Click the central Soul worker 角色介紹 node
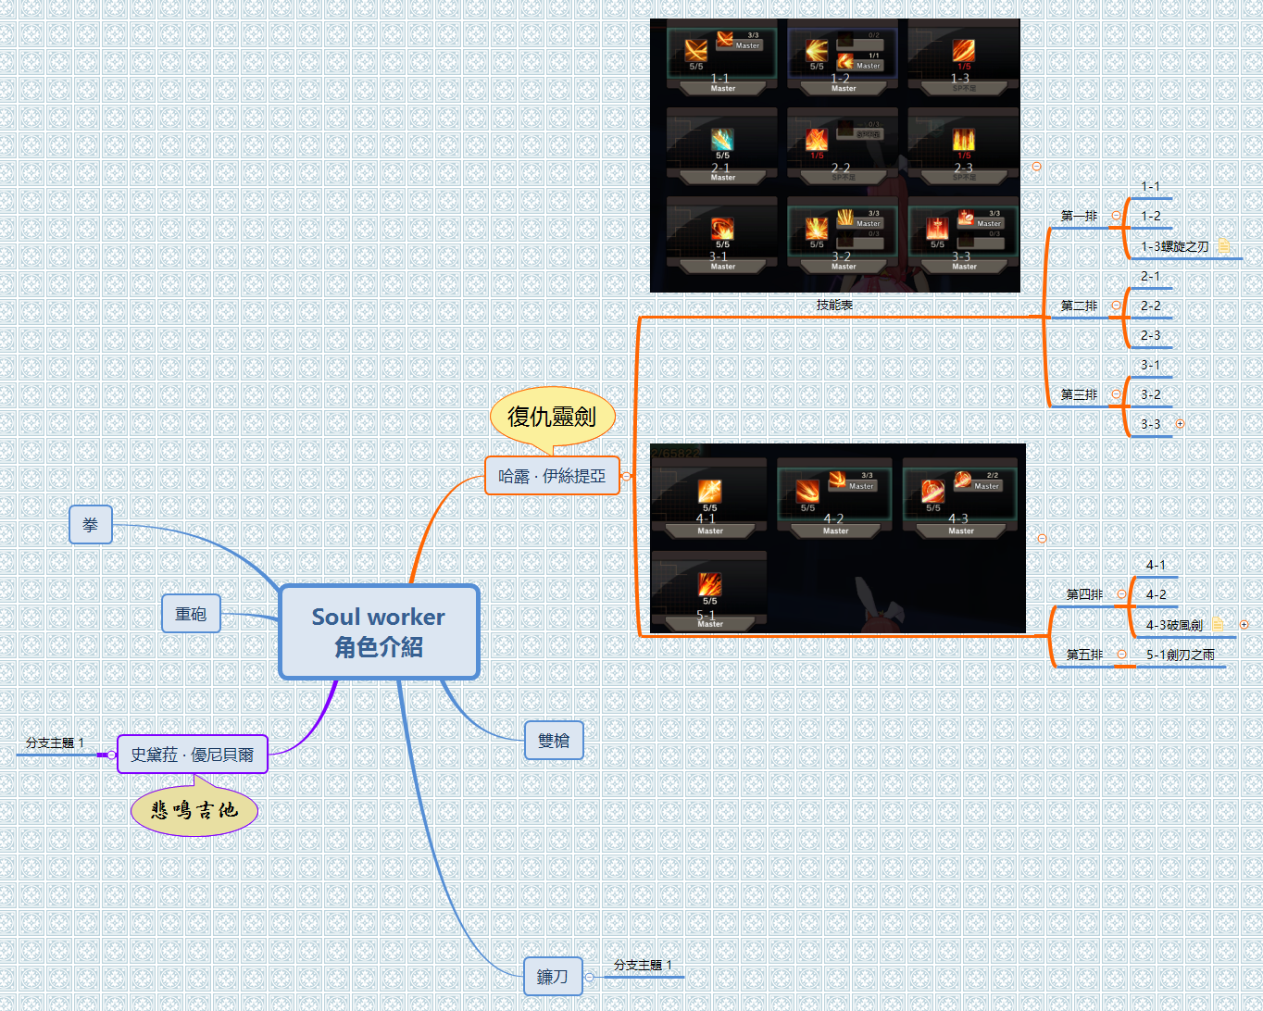[x=379, y=632]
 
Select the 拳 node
[x=91, y=525]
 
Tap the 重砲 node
[x=191, y=614]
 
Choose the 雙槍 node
[x=554, y=741]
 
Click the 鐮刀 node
[x=553, y=977]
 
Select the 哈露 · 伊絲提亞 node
[x=552, y=476]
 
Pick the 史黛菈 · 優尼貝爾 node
[x=193, y=755]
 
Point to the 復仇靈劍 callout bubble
[x=552, y=417]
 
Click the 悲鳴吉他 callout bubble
[x=194, y=810]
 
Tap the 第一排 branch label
[x=1079, y=216]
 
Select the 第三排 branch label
[x=1079, y=394]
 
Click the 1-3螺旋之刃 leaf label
[x=1174, y=246]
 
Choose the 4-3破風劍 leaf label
[x=1174, y=625]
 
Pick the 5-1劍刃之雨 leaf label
[x=1180, y=655]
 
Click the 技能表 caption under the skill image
[x=834, y=305]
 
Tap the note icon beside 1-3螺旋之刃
[x=1223, y=246]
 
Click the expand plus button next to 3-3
[x=1180, y=424]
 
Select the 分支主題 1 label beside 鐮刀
[x=643, y=965]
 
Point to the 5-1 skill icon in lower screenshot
[x=709, y=584]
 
